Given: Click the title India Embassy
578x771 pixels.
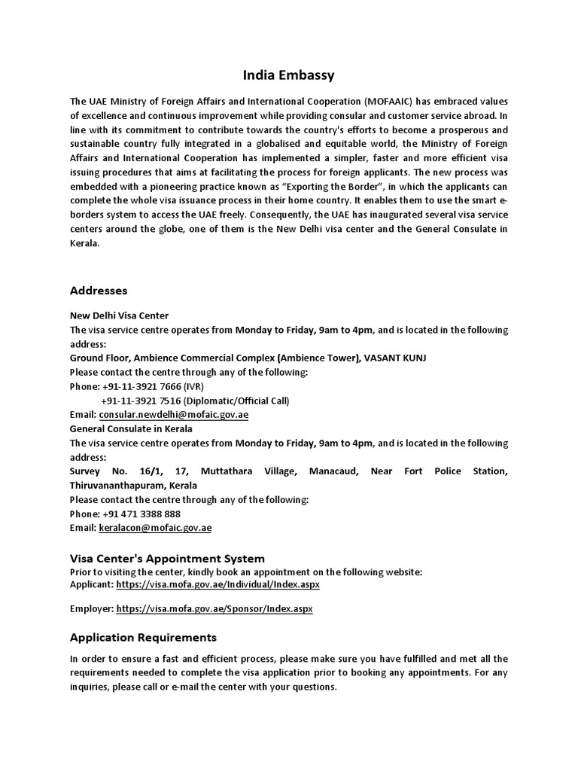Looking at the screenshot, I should (x=289, y=75).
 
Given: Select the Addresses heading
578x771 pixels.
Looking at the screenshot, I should (x=99, y=291).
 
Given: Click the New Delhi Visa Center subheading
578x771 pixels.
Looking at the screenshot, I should (x=119, y=315).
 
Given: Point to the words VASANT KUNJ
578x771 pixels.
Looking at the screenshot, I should (x=395, y=358).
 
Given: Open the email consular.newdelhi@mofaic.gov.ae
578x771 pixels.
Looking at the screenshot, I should (x=173, y=415).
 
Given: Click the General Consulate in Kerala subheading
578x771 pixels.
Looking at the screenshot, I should (x=131, y=429).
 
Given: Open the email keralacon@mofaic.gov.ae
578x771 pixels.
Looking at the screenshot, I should (x=155, y=528).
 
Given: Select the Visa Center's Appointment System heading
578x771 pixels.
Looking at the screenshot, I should (x=167, y=559).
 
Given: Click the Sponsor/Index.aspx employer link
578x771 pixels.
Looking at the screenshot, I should (x=214, y=608).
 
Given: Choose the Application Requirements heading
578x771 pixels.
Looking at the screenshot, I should (x=143, y=638).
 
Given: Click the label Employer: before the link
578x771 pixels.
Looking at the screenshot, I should (x=92, y=608).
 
